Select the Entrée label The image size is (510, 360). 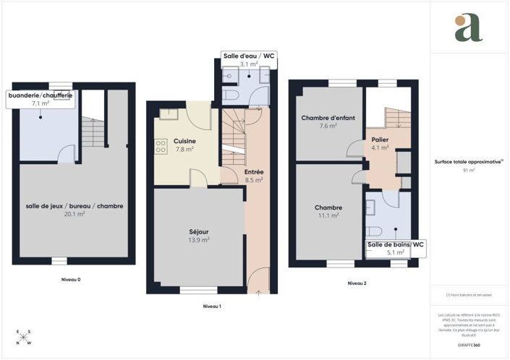(253, 171)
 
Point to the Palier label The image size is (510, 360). (381, 139)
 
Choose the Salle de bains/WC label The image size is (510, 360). (396, 245)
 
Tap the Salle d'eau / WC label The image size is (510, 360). (248, 56)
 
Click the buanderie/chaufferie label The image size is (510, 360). (40, 95)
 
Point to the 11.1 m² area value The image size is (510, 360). (328, 215)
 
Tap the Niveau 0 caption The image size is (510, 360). (70, 279)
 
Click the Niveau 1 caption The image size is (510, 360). (211, 307)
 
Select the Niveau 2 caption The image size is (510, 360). (357, 283)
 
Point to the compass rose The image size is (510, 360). (24, 338)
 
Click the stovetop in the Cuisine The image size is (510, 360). (160, 146)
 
